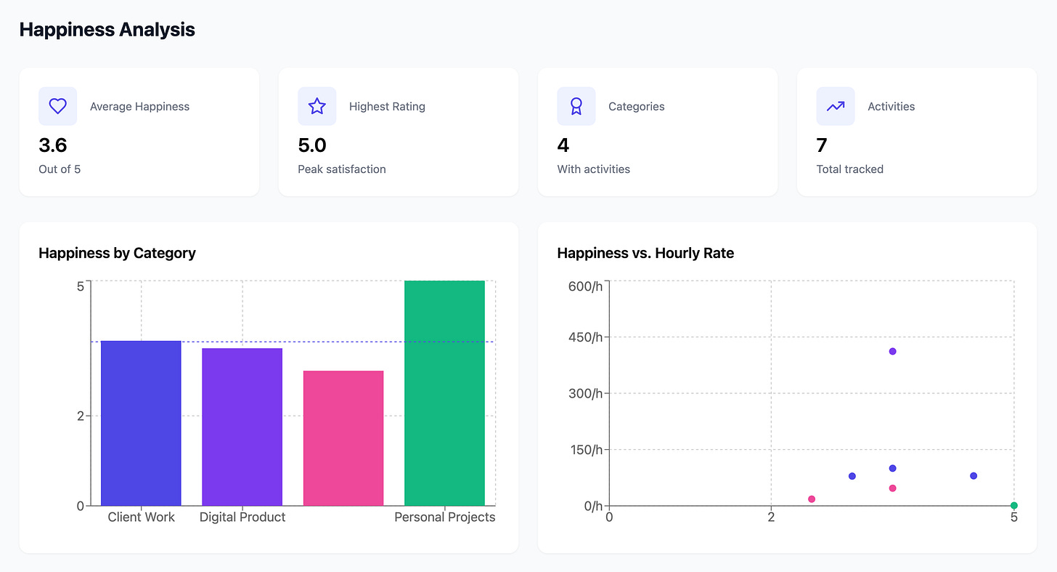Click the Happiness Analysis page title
tap(107, 30)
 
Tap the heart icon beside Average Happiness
tap(57, 106)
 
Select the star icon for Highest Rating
tap(317, 106)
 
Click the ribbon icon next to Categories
tap(576, 106)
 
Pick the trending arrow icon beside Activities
tap(836, 106)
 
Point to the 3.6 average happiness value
tap(52, 145)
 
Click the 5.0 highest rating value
tap(312, 145)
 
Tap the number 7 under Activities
tap(822, 145)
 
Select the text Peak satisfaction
tap(341, 169)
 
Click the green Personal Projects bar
tap(444, 392)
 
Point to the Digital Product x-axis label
tap(242, 517)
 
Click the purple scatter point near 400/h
tap(892, 351)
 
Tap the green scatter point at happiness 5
tap(1013, 505)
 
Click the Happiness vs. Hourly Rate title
tap(645, 254)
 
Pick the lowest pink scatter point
tap(812, 499)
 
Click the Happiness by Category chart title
tap(117, 254)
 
